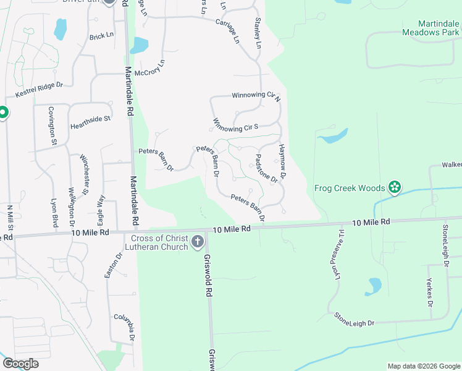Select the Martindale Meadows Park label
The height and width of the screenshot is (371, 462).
click(x=430, y=27)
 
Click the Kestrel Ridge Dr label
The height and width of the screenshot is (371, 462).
click(x=39, y=90)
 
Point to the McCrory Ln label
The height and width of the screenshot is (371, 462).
click(x=154, y=72)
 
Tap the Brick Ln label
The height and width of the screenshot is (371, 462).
click(x=101, y=36)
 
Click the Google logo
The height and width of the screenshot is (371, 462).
click(x=20, y=364)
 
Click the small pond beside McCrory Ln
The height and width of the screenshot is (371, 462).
click(x=140, y=45)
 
